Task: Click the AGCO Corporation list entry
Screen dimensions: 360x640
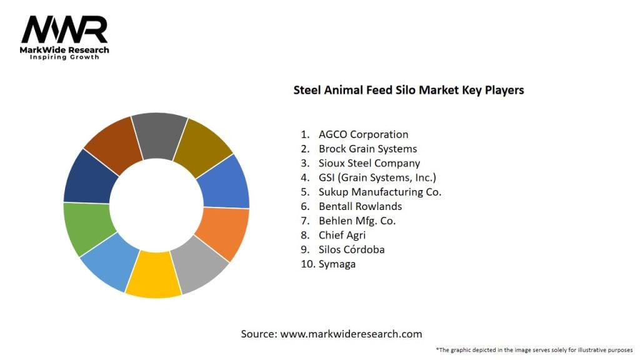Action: [363, 134]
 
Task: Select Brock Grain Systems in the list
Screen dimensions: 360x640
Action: [367, 149]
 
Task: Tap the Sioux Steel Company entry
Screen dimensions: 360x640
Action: [369, 163]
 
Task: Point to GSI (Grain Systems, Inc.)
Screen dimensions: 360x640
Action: [377, 177]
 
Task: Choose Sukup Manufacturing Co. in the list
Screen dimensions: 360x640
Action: [379, 192]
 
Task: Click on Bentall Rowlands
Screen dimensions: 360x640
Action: [360, 206]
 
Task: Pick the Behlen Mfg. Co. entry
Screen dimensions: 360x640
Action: [357, 221]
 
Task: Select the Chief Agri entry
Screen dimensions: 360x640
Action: [342, 235]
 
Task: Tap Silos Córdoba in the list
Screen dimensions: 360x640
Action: [351, 249]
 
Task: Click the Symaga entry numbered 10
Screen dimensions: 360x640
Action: [337, 264]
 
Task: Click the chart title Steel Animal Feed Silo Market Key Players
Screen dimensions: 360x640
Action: [409, 90]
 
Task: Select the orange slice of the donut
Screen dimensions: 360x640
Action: [222, 232]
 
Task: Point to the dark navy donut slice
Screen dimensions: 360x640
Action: [91, 176]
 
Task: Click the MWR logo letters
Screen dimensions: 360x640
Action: [64, 29]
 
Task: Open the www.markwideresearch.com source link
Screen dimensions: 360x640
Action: [351, 334]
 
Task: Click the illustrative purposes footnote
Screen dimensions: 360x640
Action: [534, 349]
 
